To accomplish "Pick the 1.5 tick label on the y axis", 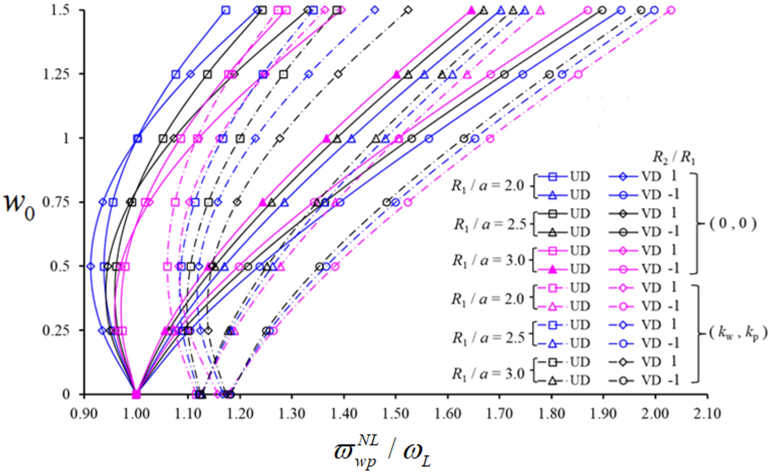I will (60, 11).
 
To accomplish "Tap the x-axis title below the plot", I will (382, 455).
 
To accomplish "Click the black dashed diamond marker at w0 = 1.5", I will (408, 10).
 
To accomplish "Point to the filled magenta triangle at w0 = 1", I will (326, 138).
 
